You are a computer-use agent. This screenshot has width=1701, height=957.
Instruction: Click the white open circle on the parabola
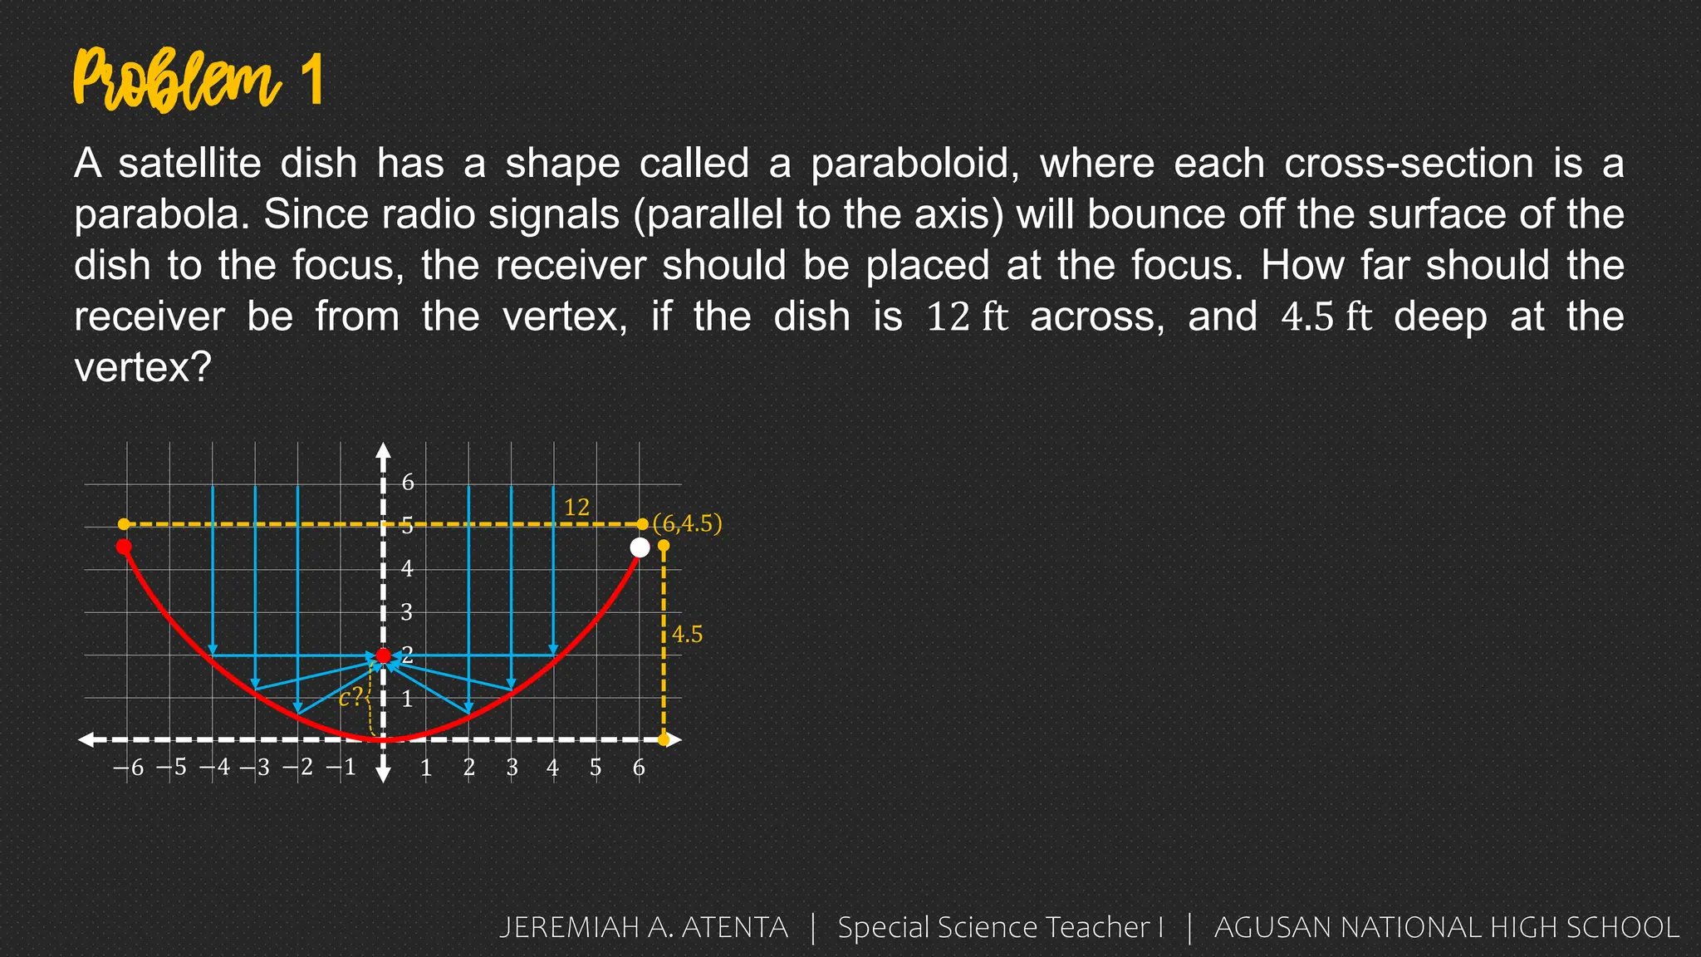(x=640, y=547)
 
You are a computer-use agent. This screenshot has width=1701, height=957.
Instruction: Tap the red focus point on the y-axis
(x=383, y=656)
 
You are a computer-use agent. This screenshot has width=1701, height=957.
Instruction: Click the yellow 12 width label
(x=576, y=507)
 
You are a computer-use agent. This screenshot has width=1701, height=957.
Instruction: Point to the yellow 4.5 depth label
(x=687, y=635)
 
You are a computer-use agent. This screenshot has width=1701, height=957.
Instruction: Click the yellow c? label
(x=350, y=697)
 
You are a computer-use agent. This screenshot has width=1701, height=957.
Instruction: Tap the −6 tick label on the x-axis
(x=129, y=768)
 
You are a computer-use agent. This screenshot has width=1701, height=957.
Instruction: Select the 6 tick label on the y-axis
(x=408, y=483)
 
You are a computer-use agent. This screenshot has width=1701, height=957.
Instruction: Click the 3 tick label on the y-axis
(x=407, y=612)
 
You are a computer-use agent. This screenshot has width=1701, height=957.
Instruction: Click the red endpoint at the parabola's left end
(x=124, y=547)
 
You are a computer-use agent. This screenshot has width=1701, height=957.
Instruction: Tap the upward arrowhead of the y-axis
(x=383, y=450)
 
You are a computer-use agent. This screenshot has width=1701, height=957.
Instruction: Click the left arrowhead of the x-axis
(x=86, y=739)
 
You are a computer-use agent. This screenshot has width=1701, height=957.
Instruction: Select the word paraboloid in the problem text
(x=914, y=164)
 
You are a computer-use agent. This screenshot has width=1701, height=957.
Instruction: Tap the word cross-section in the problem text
(x=1409, y=164)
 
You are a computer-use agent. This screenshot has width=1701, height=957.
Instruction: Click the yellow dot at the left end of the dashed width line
(x=124, y=524)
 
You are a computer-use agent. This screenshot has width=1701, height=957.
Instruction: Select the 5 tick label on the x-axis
(x=596, y=768)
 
